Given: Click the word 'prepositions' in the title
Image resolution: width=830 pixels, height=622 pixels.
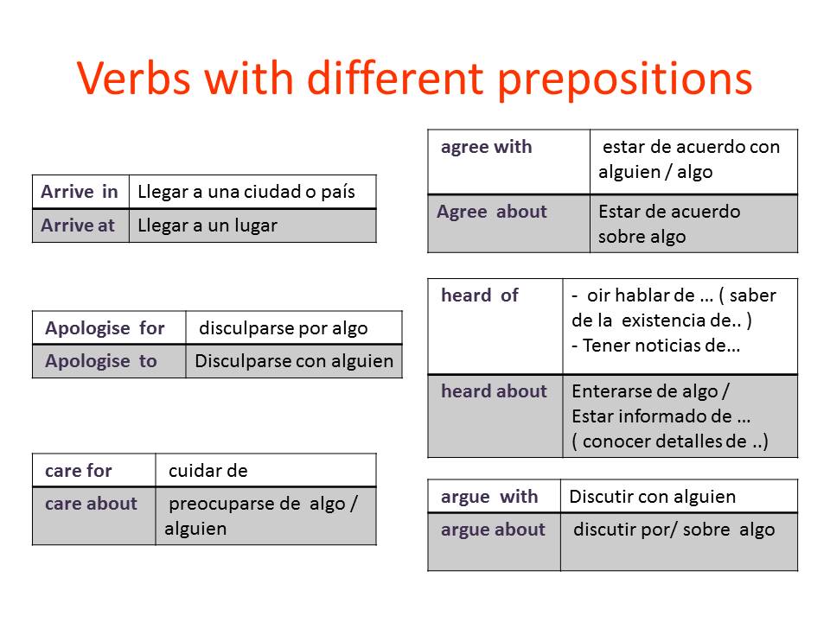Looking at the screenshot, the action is click(x=625, y=79).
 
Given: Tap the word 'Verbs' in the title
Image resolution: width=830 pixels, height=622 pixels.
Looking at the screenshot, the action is click(x=134, y=78).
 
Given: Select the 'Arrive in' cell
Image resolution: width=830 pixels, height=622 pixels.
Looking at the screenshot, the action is click(x=80, y=192).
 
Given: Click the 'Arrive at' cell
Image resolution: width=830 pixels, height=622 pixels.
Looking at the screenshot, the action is click(x=80, y=225).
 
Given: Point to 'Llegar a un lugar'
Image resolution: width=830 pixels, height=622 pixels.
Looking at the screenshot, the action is click(x=207, y=225).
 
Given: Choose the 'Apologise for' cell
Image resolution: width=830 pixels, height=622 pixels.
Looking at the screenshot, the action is click(x=109, y=328).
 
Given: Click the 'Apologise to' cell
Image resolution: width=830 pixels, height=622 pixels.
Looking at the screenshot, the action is click(x=109, y=362).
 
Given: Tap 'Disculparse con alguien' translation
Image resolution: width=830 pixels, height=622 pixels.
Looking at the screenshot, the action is click(x=294, y=361).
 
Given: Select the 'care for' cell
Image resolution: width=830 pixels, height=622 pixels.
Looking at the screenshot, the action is click(x=94, y=470).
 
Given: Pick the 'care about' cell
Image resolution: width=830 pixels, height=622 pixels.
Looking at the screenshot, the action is click(x=94, y=517).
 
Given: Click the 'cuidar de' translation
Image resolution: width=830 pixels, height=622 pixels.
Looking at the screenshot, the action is click(x=208, y=471).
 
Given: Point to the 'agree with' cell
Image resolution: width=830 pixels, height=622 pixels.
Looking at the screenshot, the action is click(x=508, y=162).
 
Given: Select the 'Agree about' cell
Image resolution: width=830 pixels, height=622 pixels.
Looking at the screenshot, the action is click(x=508, y=224).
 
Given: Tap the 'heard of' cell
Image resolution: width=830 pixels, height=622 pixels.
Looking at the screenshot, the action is click(x=495, y=327).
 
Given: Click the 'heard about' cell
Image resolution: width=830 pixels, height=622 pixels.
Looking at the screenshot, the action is click(x=495, y=416).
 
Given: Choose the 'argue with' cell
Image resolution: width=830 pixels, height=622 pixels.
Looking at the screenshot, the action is click(x=495, y=496).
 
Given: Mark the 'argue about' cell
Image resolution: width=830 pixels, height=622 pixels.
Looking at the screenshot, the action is click(x=495, y=543).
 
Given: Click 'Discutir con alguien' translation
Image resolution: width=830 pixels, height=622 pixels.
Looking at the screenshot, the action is click(x=653, y=497).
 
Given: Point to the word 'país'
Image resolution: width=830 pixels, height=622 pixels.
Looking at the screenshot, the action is click(x=338, y=192).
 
